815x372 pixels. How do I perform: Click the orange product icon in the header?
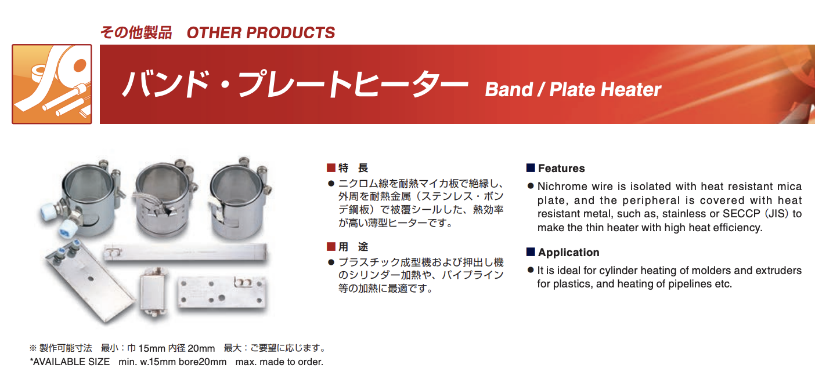52,84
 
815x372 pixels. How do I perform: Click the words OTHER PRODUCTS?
261,32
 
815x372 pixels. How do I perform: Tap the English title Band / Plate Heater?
573,90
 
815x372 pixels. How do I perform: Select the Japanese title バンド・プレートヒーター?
295,84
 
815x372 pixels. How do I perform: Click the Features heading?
561,168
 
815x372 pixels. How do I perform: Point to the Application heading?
568,252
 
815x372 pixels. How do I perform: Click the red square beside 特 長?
331,167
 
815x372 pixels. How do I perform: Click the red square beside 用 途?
331,247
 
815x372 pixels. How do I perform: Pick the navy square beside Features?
531,167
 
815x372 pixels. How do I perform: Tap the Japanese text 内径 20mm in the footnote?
192,348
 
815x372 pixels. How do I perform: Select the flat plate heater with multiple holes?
222,294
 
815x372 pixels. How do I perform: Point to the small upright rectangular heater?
154,293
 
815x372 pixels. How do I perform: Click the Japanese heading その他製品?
136,32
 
